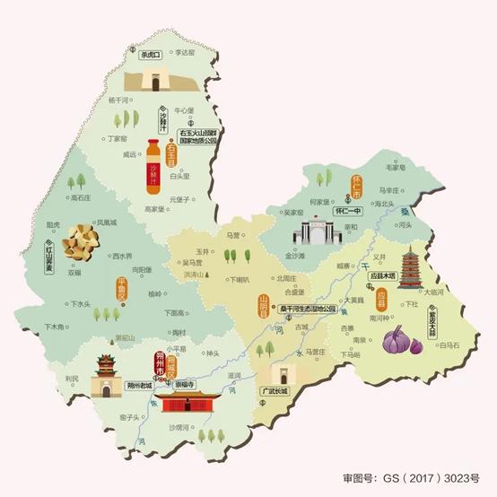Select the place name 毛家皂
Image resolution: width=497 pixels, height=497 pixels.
coord(397,168)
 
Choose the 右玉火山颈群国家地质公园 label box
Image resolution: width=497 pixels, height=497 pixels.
coord(211,135)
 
